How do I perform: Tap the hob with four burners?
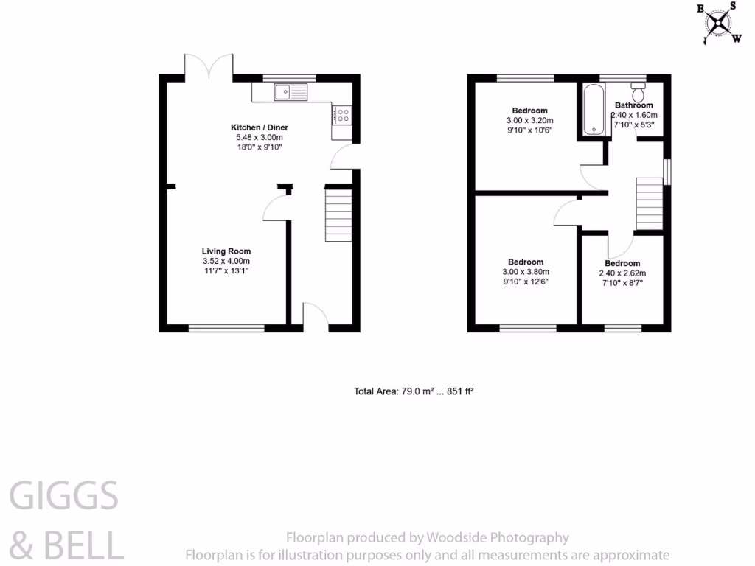pyautogui.click(x=343, y=114)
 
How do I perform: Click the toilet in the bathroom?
pyautogui.click(x=638, y=92)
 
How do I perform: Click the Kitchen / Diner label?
pyautogui.click(x=258, y=127)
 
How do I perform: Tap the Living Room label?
pyautogui.click(x=226, y=251)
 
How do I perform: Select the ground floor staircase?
pyautogui.click(x=338, y=214)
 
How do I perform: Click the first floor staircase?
pyautogui.click(x=650, y=203)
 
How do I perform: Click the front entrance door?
pyautogui.click(x=315, y=315)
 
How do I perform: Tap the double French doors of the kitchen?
pyautogui.click(x=210, y=66)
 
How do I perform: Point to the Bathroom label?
pyautogui.click(x=633, y=105)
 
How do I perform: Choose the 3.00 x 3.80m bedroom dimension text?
pyautogui.click(x=526, y=272)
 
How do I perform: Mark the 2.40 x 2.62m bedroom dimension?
pyautogui.click(x=622, y=273)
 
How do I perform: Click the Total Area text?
pyautogui.click(x=413, y=391)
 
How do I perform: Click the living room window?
pyautogui.click(x=226, y=328)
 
